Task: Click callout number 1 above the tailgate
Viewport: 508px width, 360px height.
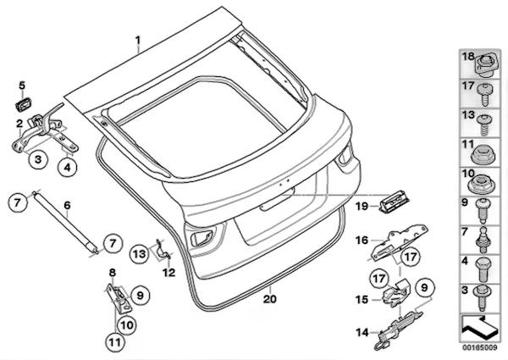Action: (x=141, y=39)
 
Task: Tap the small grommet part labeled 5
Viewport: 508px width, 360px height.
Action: (x=24, y=103)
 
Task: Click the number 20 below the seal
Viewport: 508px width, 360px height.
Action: (x=269, y=298)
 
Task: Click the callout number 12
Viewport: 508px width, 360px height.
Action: (x=168, y=272)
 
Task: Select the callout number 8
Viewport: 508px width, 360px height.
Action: (x=112, y=271)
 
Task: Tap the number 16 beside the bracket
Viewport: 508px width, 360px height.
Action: (x=362, y=241)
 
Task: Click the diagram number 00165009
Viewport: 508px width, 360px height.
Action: (x=479, y=346)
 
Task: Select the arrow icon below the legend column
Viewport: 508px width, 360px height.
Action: (x=479, y=324)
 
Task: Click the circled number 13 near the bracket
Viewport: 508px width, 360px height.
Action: (x=139, y=253)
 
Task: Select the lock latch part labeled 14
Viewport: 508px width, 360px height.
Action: (x=398, y=325)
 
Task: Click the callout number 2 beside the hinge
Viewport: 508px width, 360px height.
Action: (x=19, y=124)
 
